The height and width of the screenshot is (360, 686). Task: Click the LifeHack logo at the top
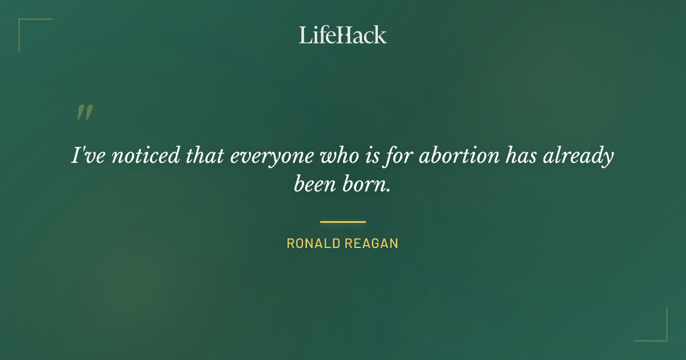coord(343,35)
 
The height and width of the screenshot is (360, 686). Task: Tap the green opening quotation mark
coord(85,113)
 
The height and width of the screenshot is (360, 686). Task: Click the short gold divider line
coord(343,222)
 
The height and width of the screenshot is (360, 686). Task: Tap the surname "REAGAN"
coord(372,243)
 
